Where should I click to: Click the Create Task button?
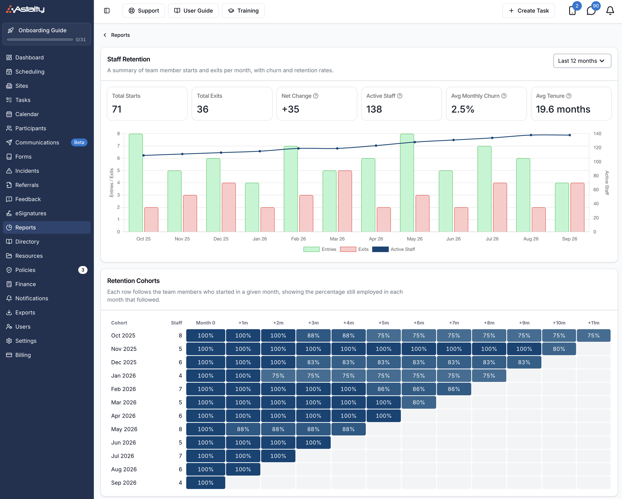[x=528, y=11]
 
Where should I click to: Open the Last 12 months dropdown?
[x=582, y=61]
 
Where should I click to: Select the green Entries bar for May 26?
[x=407, y=183]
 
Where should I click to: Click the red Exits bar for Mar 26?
[x=345, y=201]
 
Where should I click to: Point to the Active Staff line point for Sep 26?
[x=569, y=135]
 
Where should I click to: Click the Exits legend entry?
[x=354, y=249]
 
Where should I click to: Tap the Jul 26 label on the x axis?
[x=492, y=239]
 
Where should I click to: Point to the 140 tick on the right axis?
[x=597, y=134]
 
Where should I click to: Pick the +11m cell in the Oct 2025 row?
[x=593, y=336]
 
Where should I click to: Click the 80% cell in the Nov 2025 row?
[x=559, y=349]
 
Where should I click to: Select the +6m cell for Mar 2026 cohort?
[x=419, y=402]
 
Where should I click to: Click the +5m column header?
[x=383, y=323]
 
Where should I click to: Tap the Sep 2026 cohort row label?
[x=124, y=483]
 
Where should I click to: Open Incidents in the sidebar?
[x=27, y=171]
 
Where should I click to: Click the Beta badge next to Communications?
[x=79, y=143]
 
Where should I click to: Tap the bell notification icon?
[x=610, y=11]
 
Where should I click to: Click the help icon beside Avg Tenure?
[x=569, y=96]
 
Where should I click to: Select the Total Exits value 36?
[x=203, y=109]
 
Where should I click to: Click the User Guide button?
[x=193, y=11]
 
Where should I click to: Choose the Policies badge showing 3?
[x=83, y=270]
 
